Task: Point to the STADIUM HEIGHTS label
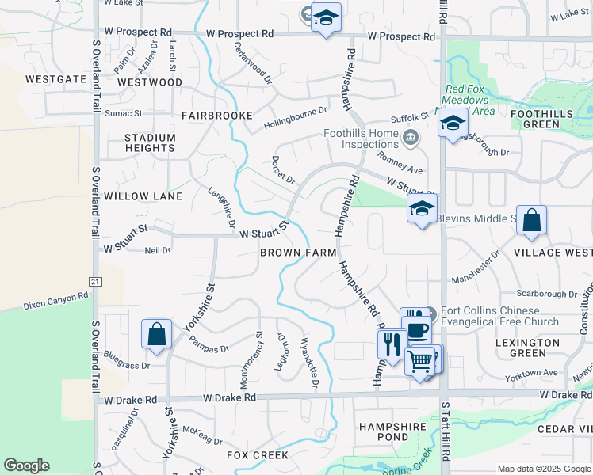[x=150, y=143]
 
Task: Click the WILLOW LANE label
[x=143, y=196]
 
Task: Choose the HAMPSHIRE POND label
[x=394, y=431]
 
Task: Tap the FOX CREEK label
[x=258, y=455]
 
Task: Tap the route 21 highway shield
[x=96, y=281]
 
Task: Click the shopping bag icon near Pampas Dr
[x=157, y=334]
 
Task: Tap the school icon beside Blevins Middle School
[x=422, y=210]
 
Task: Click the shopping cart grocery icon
[x=420, y=361]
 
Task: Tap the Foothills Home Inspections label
[x=361, y=139]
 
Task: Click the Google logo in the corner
[x=26, y=465]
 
